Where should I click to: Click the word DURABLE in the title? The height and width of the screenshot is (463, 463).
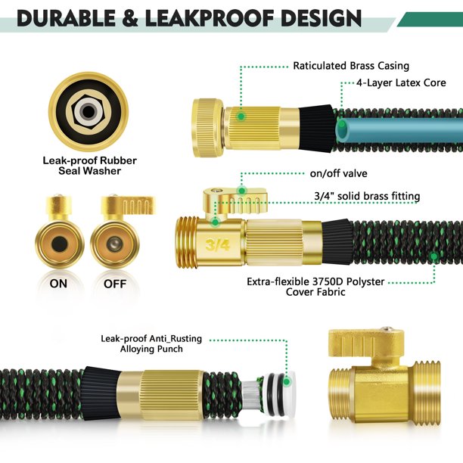click(69, 17)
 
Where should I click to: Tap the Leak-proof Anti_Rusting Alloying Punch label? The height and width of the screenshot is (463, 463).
click(142, 344)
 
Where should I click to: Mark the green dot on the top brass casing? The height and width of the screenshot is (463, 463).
click(241, 117)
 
